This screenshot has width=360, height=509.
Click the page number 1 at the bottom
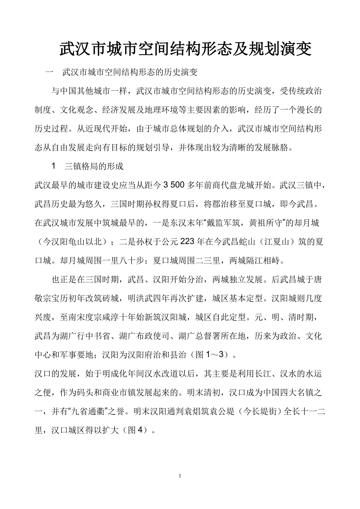click(180, 476)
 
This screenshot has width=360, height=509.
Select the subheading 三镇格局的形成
click(94, 167)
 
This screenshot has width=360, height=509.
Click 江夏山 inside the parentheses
click(282, 242)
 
